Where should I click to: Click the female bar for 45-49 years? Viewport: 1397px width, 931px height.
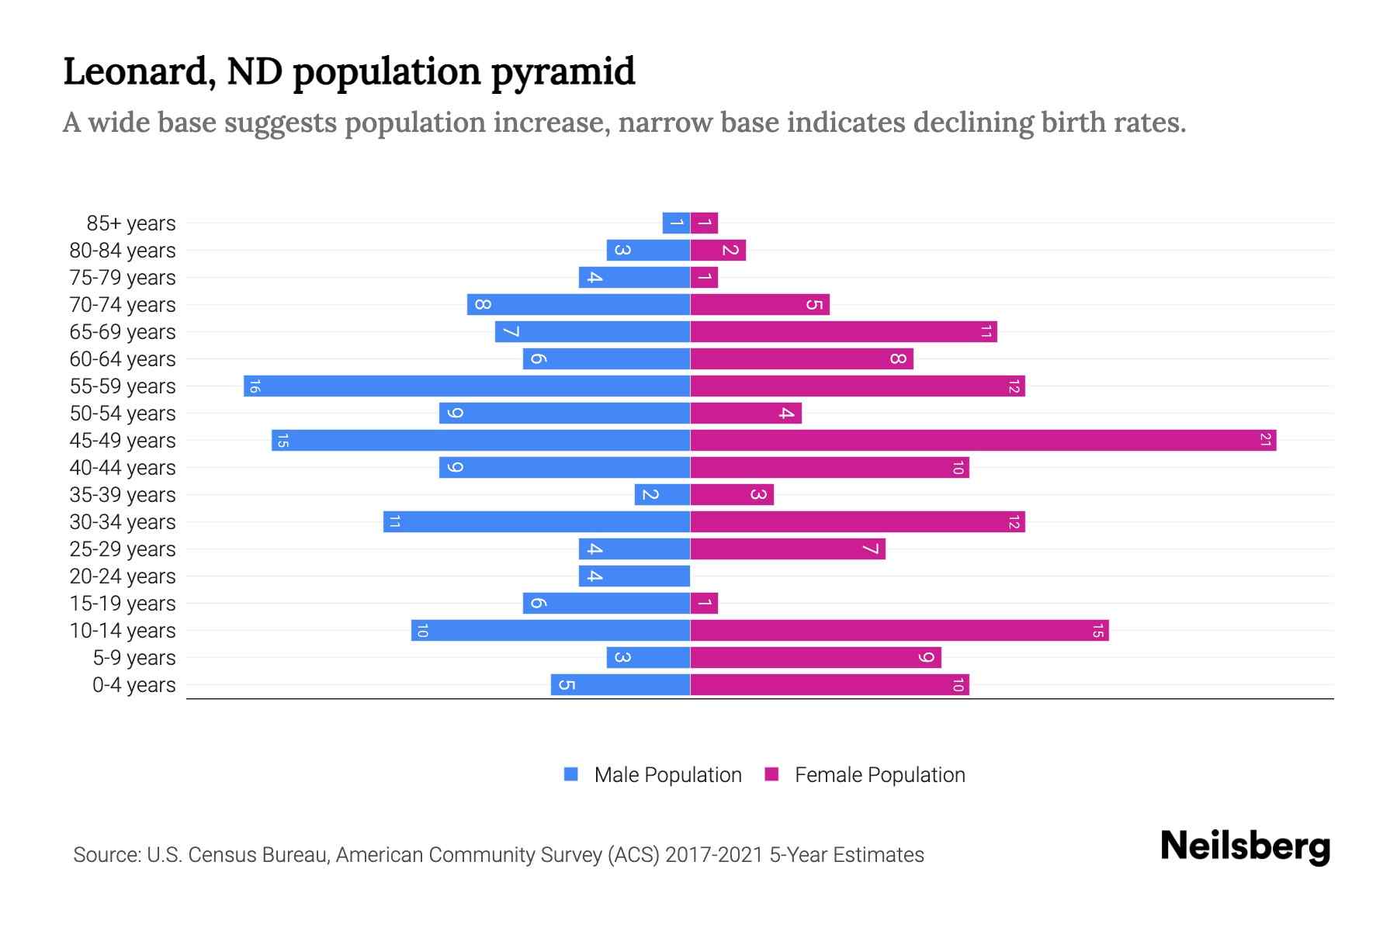tap(983, 441)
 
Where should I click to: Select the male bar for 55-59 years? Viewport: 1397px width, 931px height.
tap(466, 386)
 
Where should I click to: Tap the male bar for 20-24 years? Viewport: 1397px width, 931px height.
tap(634, 576)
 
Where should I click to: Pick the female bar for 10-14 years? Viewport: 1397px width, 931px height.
tap(899, 631)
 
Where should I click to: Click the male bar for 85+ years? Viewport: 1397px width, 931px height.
tap(676, 223)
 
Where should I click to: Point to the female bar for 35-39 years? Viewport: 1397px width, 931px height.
tap(732, 495)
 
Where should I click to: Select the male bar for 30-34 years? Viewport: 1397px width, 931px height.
tap(536, 522)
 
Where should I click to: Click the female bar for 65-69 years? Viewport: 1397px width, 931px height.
tap(843, 332)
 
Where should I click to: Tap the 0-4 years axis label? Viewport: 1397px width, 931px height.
tap(133, 685)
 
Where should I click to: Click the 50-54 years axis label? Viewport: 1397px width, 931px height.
tap(123, 414)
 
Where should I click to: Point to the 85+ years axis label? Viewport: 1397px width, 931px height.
tap(130, 223)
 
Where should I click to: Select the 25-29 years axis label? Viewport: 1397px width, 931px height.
tap(123, 549)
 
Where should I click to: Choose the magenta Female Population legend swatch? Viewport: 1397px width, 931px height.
tap(771, 774)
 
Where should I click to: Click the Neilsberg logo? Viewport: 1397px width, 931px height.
tap(1245, 846)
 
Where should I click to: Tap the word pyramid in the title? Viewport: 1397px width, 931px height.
tap(563, 72)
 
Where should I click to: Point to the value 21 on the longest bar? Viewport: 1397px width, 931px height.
tap(1265, 441)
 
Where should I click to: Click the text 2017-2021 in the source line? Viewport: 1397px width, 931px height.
tap(714, 855)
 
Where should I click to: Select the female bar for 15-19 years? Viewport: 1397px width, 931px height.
tap(704, 604)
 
